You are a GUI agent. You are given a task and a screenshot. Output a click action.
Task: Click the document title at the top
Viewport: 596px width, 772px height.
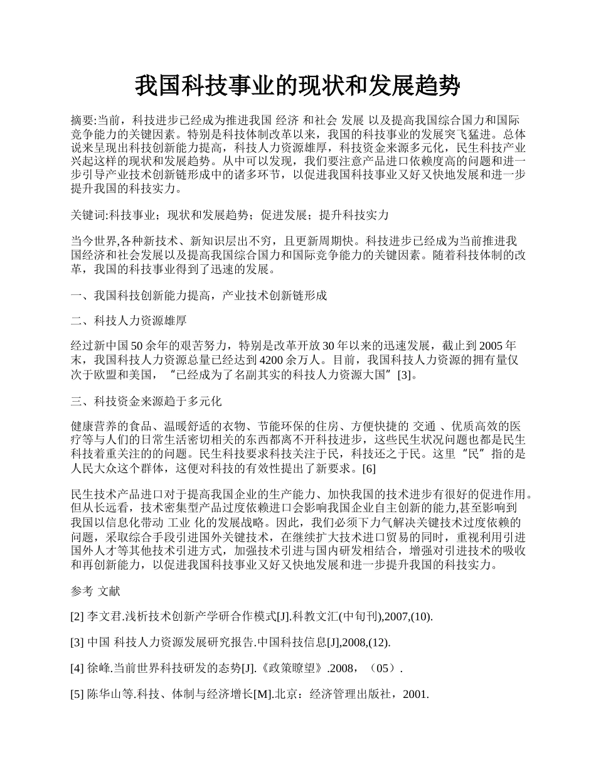(x=297, y=86)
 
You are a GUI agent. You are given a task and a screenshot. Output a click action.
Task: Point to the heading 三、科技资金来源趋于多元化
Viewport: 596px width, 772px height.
(x=146, y=400)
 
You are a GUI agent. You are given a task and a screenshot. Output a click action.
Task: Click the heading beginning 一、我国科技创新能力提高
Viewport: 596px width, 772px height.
(x=199, y=295)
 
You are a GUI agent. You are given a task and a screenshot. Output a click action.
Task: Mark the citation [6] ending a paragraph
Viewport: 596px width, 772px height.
(x=370, y=469)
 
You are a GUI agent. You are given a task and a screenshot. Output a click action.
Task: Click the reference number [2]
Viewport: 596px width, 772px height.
(x=77, y=616)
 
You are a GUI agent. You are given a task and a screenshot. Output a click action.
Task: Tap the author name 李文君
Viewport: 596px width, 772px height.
(x=103, y=616)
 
